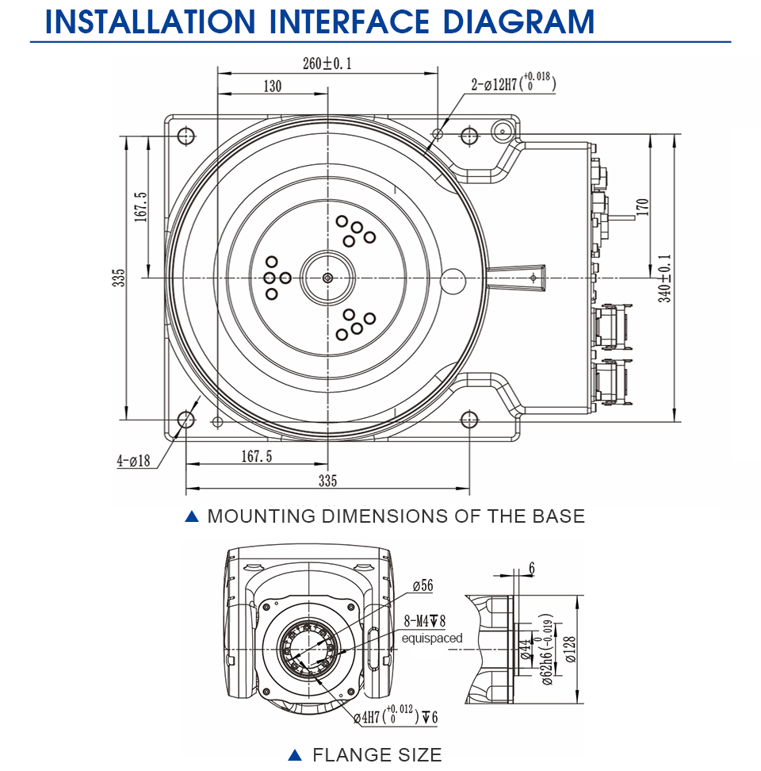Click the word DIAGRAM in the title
pyautogui.click(x=518, y=21)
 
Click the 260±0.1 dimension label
pyautogui.click(x=327, y=63)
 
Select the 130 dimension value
pyautogui.click(x=273, y=86)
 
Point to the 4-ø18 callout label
pyautogui.click(x=133, y=461)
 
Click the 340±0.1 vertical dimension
pyautogui.click(x=664, y=278)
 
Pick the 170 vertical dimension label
pyautogui.click(x=642, y=207)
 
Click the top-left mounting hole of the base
pyautogui.click(x=186, y=136)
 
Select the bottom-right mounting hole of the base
pyautogui.click(x=469, y=420)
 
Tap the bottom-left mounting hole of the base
pyautogui.click(x=186, y=420)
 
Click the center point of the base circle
pyautogui.click(x=327, y=278)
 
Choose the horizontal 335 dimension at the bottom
pyautogui.click(x=327, y=481)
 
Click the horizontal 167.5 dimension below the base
pyautogui.click(x=257, y=456)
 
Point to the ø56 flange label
pyautogui.click(x=423, y=585)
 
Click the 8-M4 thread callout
pyautogui.click(x=424, y=621)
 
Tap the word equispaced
pyautogui.click(x=432, y=639)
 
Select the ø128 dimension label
pyautogui.click(x=570, y=650)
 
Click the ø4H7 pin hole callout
pyautogui.click(x=396, y=715)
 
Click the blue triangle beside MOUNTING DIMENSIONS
pyautogui.click(x=192, y=516)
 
